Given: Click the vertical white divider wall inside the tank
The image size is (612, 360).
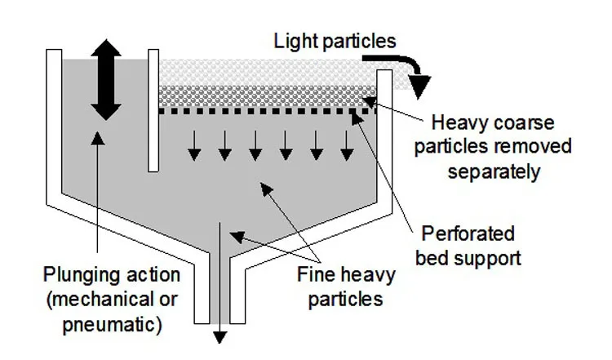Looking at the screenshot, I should (x=153, y=110).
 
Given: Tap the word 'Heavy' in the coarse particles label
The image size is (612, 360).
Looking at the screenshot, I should (x=454, y=123).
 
